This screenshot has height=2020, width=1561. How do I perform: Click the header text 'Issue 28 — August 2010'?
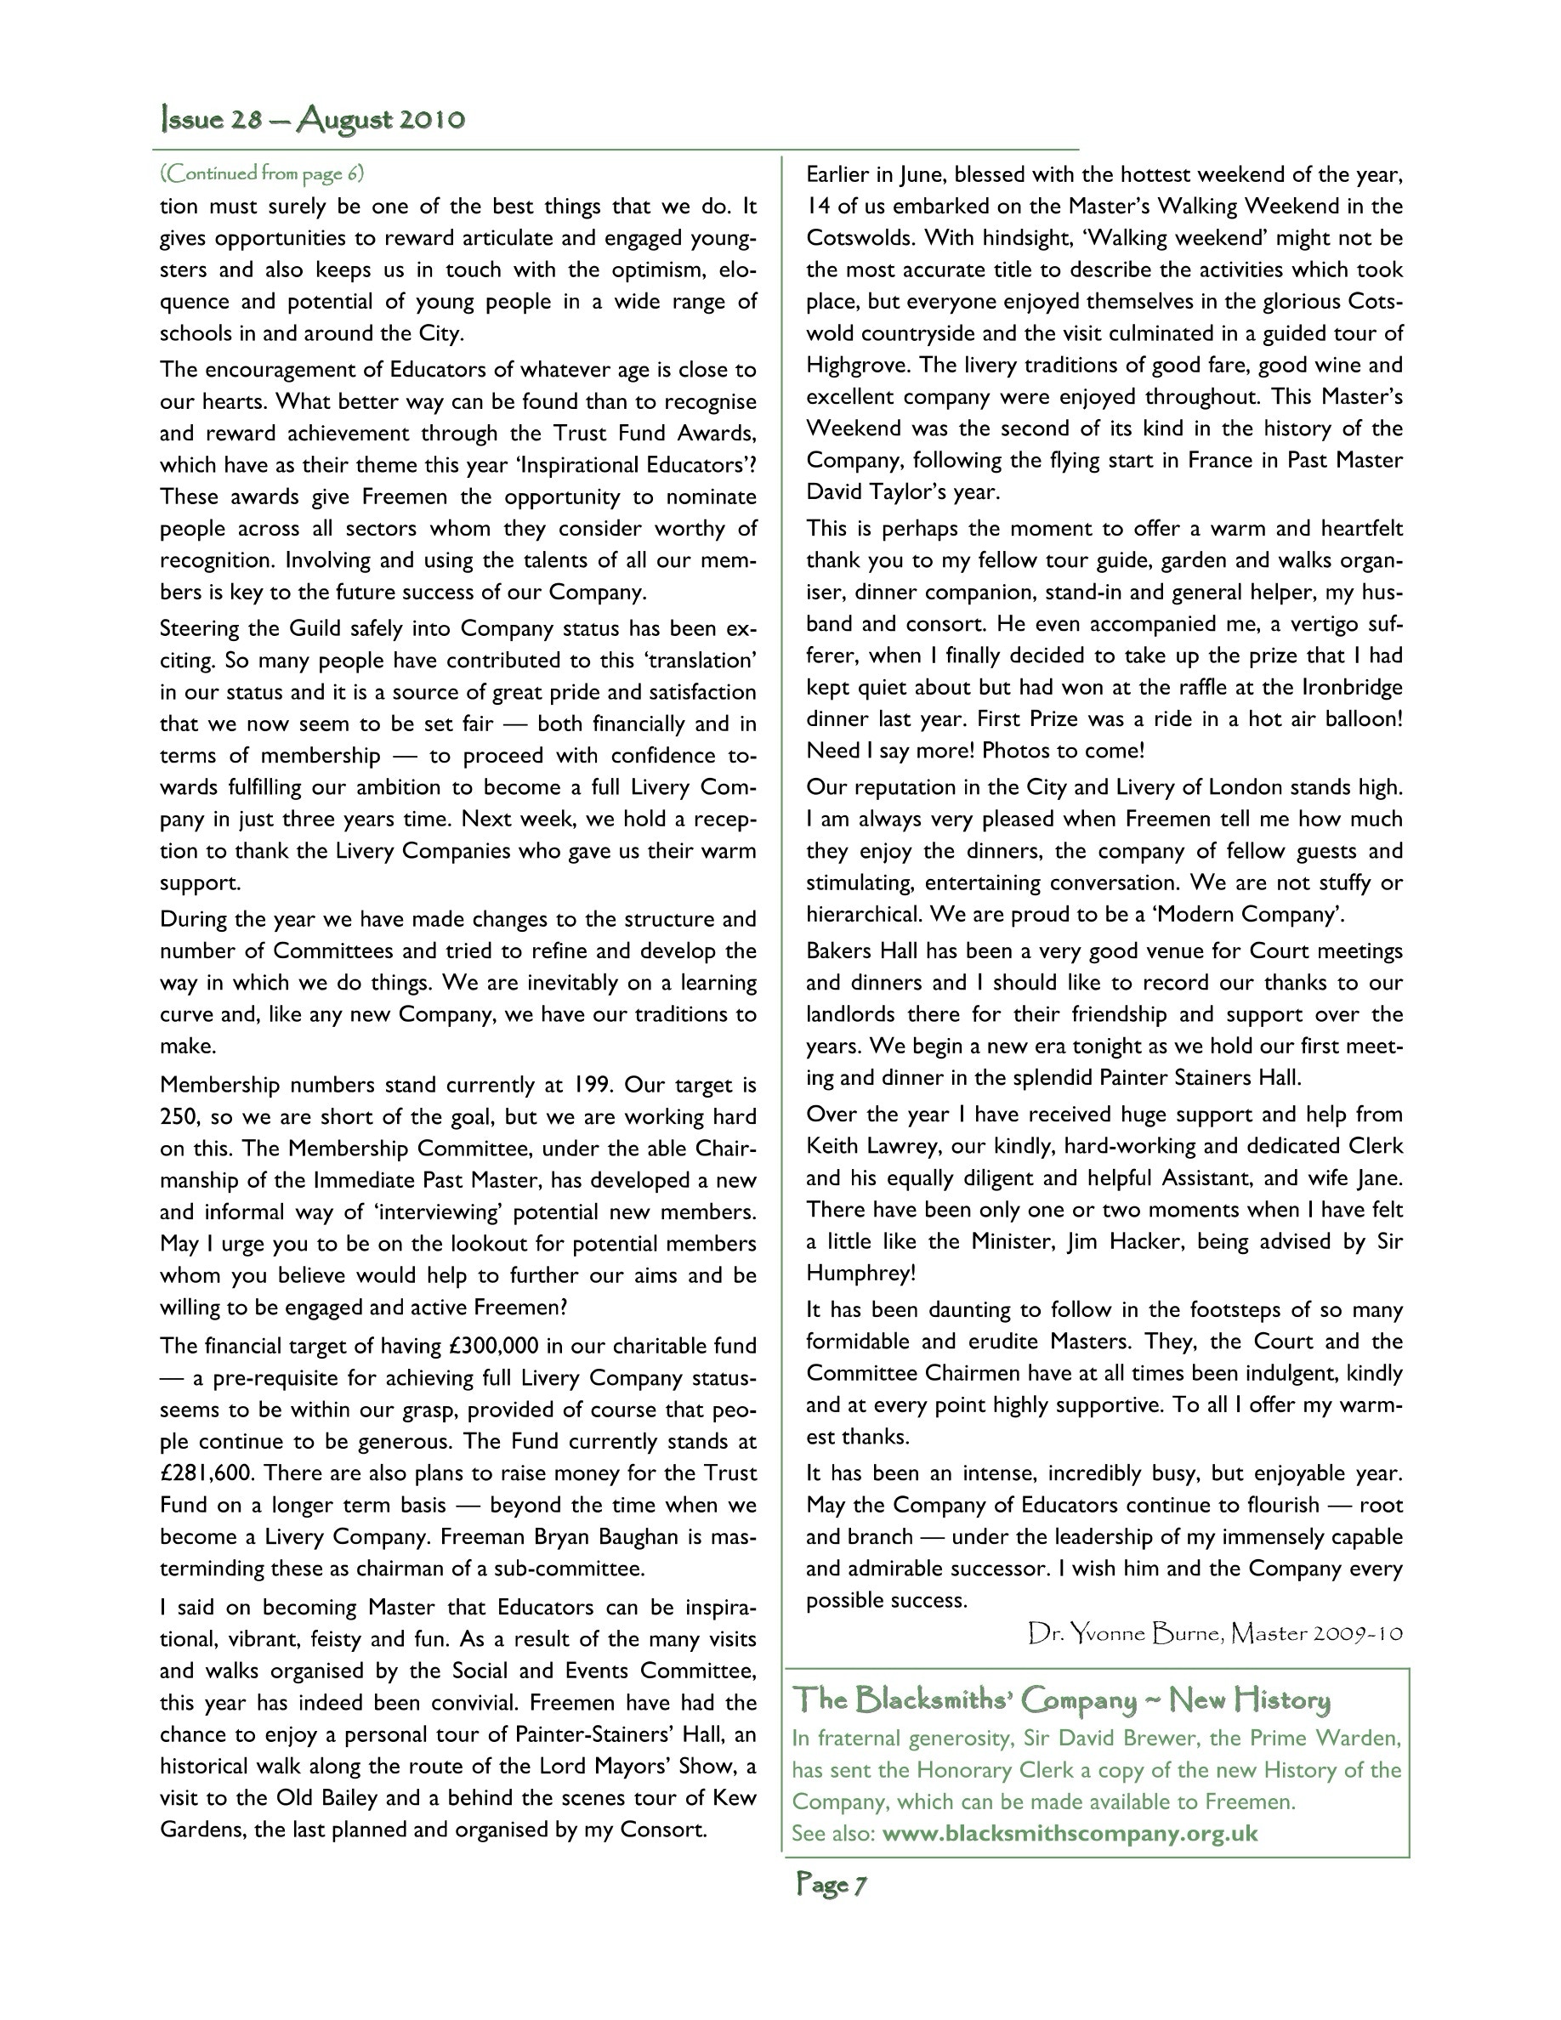313,120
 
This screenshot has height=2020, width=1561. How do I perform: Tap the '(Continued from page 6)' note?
262,173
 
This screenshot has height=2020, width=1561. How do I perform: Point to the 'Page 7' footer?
831,1883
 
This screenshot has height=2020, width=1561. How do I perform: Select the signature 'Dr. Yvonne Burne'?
1126,1634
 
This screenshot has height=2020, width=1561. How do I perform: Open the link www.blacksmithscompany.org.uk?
1070,1833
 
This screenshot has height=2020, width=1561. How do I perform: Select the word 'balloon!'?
1362,718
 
